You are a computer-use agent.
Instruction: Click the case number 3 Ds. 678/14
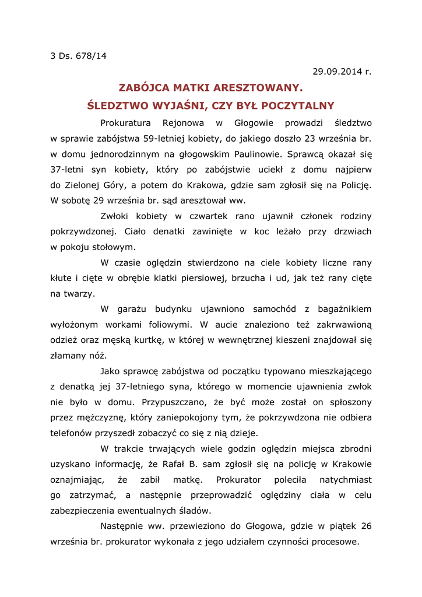79,56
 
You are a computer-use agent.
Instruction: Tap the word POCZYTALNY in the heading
297,106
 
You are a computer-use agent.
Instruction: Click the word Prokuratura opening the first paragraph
125,123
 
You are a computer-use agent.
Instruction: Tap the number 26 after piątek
365,526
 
